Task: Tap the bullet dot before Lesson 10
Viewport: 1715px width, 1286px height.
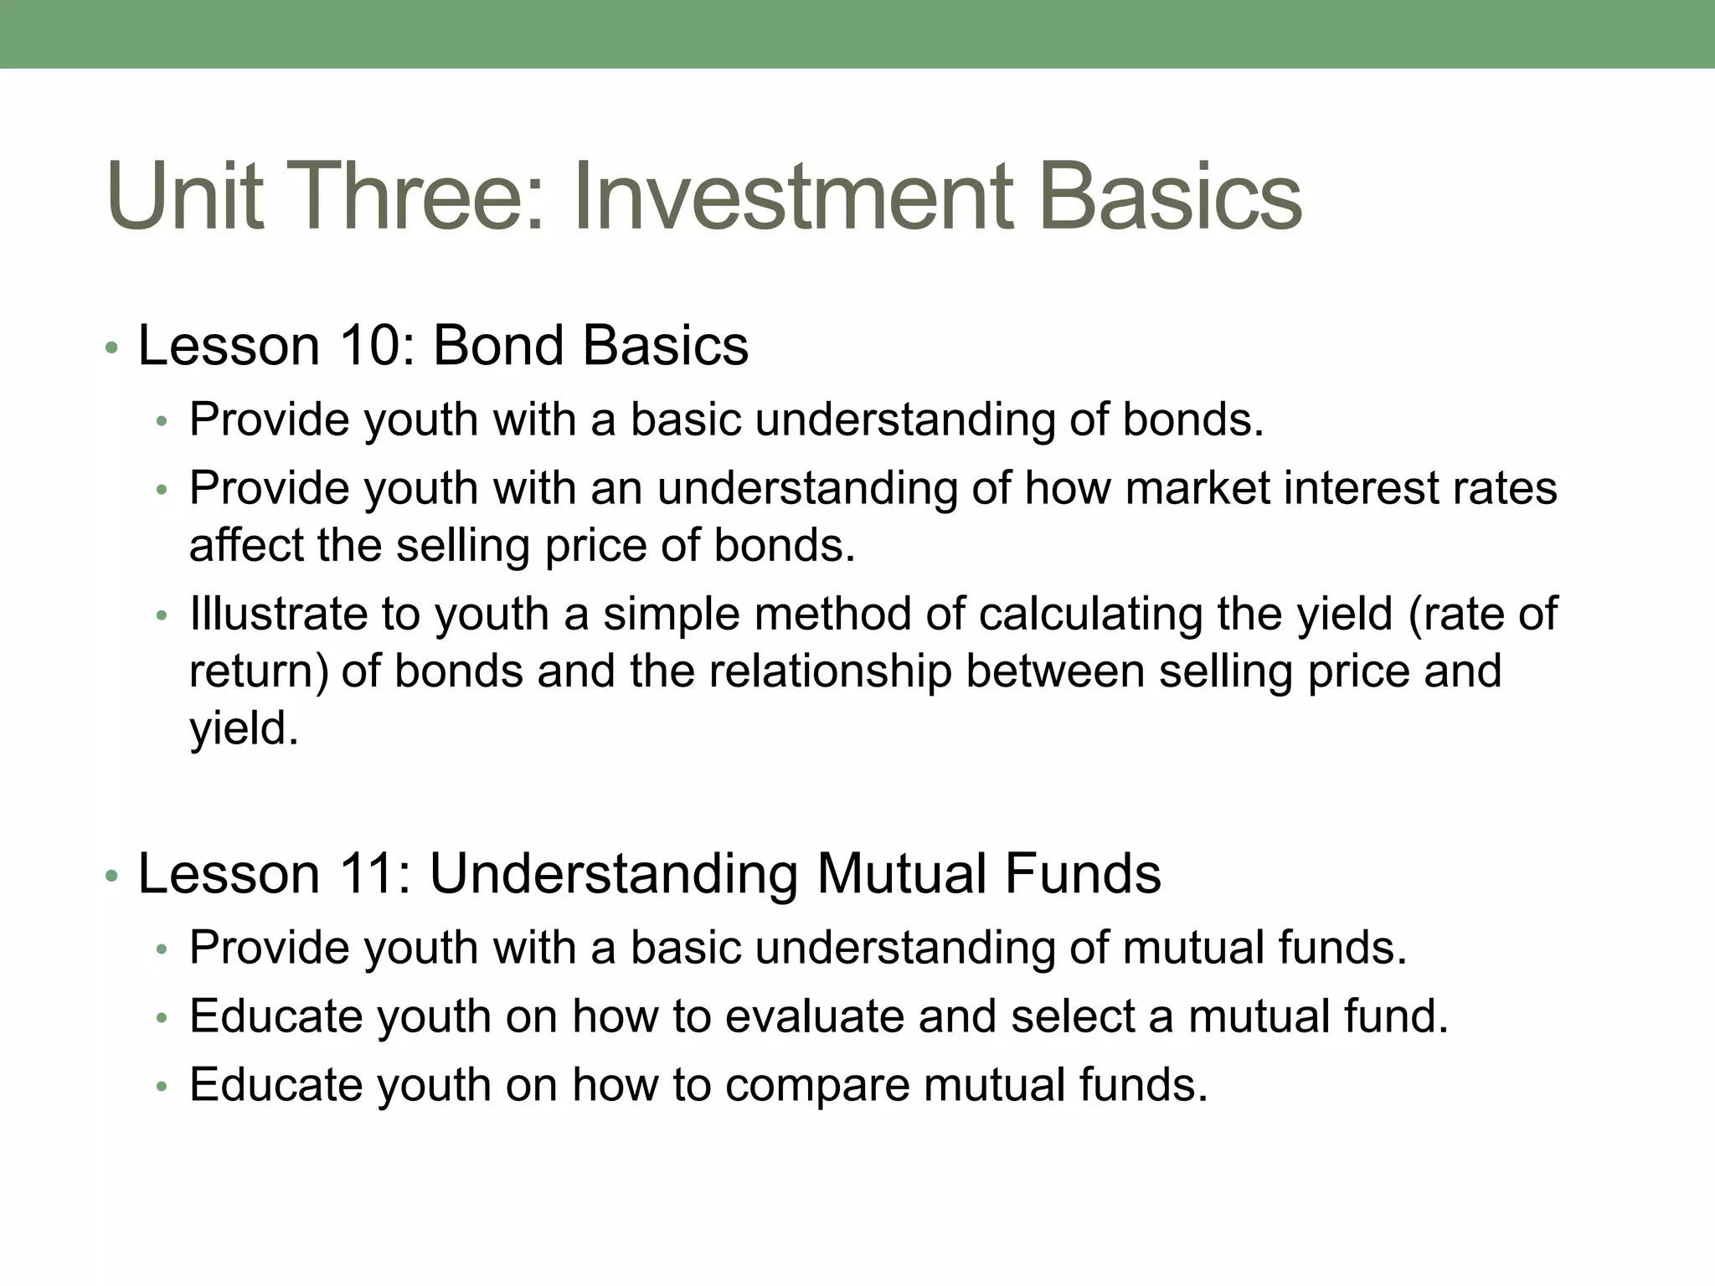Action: pyautogui.click(x=111, y=348)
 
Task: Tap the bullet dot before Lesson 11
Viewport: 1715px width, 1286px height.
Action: pyautogui.click(x=111, y=877)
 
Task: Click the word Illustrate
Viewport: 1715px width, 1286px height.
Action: pyautogui.click(x=278, y=614)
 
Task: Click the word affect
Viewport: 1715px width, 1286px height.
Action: pyautogui.click(x=247, y=545)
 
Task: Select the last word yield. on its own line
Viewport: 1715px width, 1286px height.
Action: pyautogui.click(x=244, y=728)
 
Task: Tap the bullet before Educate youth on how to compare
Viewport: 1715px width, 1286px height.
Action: pyautogui.click(x=162, y=1088)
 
